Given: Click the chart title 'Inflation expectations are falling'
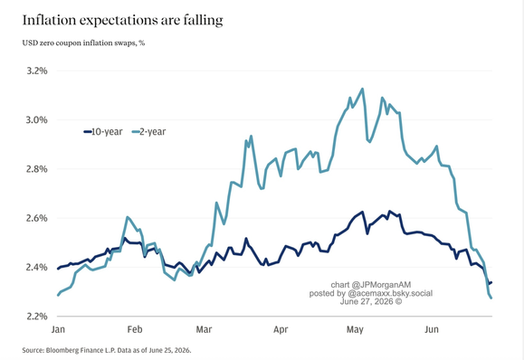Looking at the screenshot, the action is [123, 21].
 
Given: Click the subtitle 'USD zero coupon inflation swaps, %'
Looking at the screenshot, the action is [83, 43].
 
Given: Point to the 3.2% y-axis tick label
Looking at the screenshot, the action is [37, 71].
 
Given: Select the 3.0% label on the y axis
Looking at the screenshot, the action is [37, 120].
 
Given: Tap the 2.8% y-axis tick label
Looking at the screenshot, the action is [37, 169].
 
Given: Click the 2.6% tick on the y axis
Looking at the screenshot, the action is [37, 218].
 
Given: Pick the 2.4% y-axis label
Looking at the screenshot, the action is [37, 267].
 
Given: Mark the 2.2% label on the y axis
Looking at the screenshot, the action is [37, 317].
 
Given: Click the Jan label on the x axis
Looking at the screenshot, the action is [58, 329].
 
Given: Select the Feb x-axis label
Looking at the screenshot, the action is [135, 329].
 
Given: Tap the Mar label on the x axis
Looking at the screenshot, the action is [204, 329].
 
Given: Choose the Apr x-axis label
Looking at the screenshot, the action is [281, 329].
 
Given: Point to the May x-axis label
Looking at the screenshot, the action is [355, 329].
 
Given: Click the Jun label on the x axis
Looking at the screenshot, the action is [432, 329].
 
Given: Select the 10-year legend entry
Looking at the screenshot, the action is [103, 132].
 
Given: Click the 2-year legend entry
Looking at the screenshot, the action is [148, 132].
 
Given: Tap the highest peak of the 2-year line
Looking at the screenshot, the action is [363, 89].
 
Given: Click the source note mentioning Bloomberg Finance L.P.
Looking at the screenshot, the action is [107, 350].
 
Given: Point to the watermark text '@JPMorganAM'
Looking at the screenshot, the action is [381, 285].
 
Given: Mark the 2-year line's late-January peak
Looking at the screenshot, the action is [128, 217].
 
